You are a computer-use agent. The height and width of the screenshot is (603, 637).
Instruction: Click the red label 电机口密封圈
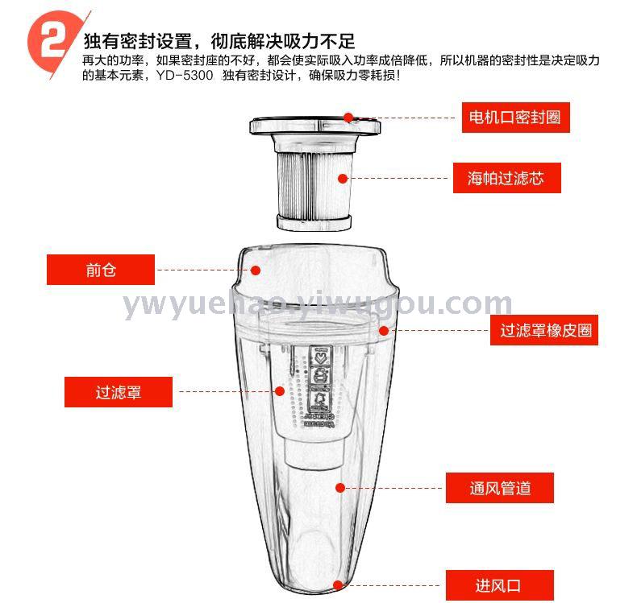pyautogui.click(x=515, y=118)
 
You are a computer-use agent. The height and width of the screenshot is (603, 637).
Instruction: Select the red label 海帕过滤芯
pyautogui.click(x=506, y=178)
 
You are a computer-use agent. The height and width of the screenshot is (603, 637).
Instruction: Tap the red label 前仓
pyautogui.click(x=101, y=270)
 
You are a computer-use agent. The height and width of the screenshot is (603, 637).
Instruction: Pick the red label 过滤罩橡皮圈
pyautogui.click(x=544, y=330)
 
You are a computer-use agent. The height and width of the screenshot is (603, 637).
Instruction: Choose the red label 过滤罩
pyautogui.click(x=119, y=392)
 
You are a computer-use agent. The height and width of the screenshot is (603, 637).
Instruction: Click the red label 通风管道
pyautogui.click(x=500, y=488)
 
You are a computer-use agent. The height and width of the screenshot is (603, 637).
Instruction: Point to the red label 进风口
pyautogui.click(x=500, y=585)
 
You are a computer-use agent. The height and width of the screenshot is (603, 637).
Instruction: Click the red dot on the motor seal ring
pyautogui.click(x=348, y=118)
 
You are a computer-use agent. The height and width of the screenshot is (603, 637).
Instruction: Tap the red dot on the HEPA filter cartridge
pyautogui.click(x=343, y=179)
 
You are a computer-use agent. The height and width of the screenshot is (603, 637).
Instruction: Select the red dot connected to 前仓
pyautogui.click(x=256, y=270)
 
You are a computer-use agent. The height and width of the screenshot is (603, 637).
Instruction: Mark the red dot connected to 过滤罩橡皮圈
pyautogui.click(x=384, y=331)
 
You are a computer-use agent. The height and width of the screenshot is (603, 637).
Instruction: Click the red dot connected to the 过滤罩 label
pyautogui.click(x=280, y=391)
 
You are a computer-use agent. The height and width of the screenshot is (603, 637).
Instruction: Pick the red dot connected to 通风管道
pyautogui.click(x=340, y=488)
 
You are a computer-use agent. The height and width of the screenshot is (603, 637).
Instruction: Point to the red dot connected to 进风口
pyautogui.click(x=338, y=585)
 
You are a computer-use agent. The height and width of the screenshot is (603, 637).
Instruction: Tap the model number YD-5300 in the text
pyautogui.click(x=185, y=76)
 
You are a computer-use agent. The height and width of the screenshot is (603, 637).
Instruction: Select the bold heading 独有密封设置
pyautogui.click(x=138, y=41)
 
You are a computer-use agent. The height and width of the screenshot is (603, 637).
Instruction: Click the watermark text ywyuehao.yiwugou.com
pyautogui.click(x=318, y=304)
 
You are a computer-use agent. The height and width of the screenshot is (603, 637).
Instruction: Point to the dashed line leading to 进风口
pyautogui.click(x=392, y=585)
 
